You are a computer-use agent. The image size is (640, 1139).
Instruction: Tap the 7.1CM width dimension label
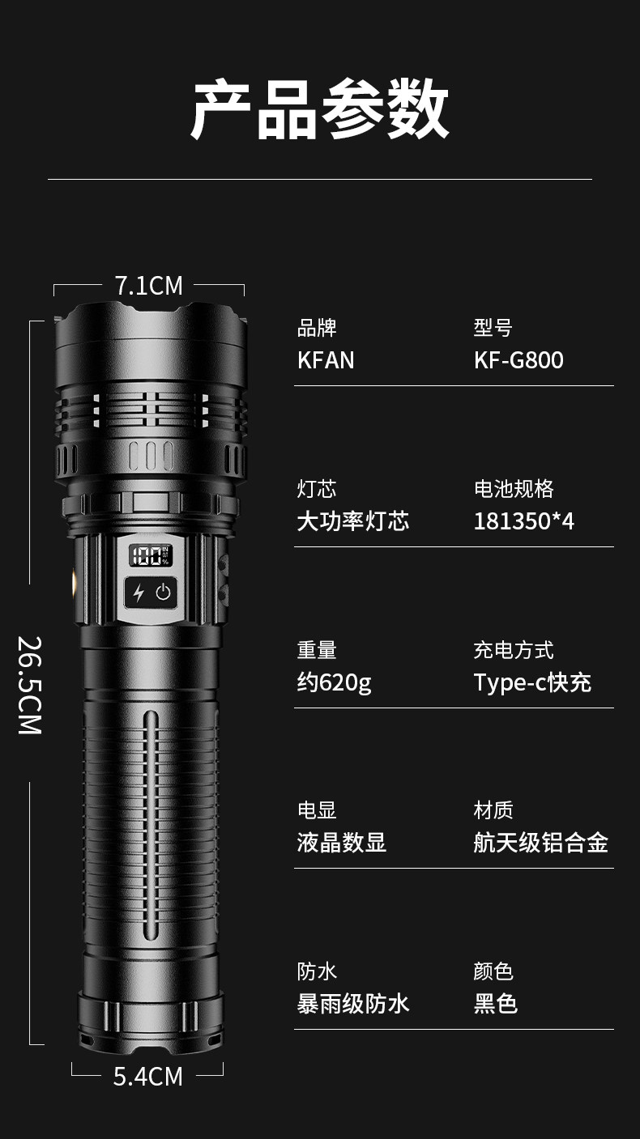[x=148, y=286]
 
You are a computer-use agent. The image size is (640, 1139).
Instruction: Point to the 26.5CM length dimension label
[x=30, y=685]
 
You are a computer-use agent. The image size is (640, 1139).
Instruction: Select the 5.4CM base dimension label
[x=147, y=1077]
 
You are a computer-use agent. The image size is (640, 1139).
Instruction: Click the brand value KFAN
[x=326, y=360]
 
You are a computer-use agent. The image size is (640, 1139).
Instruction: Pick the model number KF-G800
[x=518, y=360]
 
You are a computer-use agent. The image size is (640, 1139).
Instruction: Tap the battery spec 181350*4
[x=523, y=521]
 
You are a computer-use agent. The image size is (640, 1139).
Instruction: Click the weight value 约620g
[x=334, y=683]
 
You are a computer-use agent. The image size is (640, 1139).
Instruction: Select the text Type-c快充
[x=532, y=683]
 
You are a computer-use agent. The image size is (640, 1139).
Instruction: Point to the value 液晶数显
[x=341, y=843]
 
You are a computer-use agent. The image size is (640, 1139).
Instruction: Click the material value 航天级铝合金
[x=540, y=843]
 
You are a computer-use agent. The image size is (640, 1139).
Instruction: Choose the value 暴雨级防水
[x=353, y=1005]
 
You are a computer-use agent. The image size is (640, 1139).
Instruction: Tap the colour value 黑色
[x=495, y=1005]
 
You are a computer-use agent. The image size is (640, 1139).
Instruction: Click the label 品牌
[x=317, y=328]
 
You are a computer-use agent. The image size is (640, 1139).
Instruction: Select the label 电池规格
[x=514, y=489]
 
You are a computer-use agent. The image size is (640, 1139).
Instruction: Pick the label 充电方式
[x=514, y=650]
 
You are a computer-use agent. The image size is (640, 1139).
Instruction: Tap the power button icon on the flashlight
[x=164, y=593]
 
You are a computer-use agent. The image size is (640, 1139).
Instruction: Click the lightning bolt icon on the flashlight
[x=139, y=593]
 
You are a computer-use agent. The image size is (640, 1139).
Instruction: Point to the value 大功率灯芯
[x=353, y=521]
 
